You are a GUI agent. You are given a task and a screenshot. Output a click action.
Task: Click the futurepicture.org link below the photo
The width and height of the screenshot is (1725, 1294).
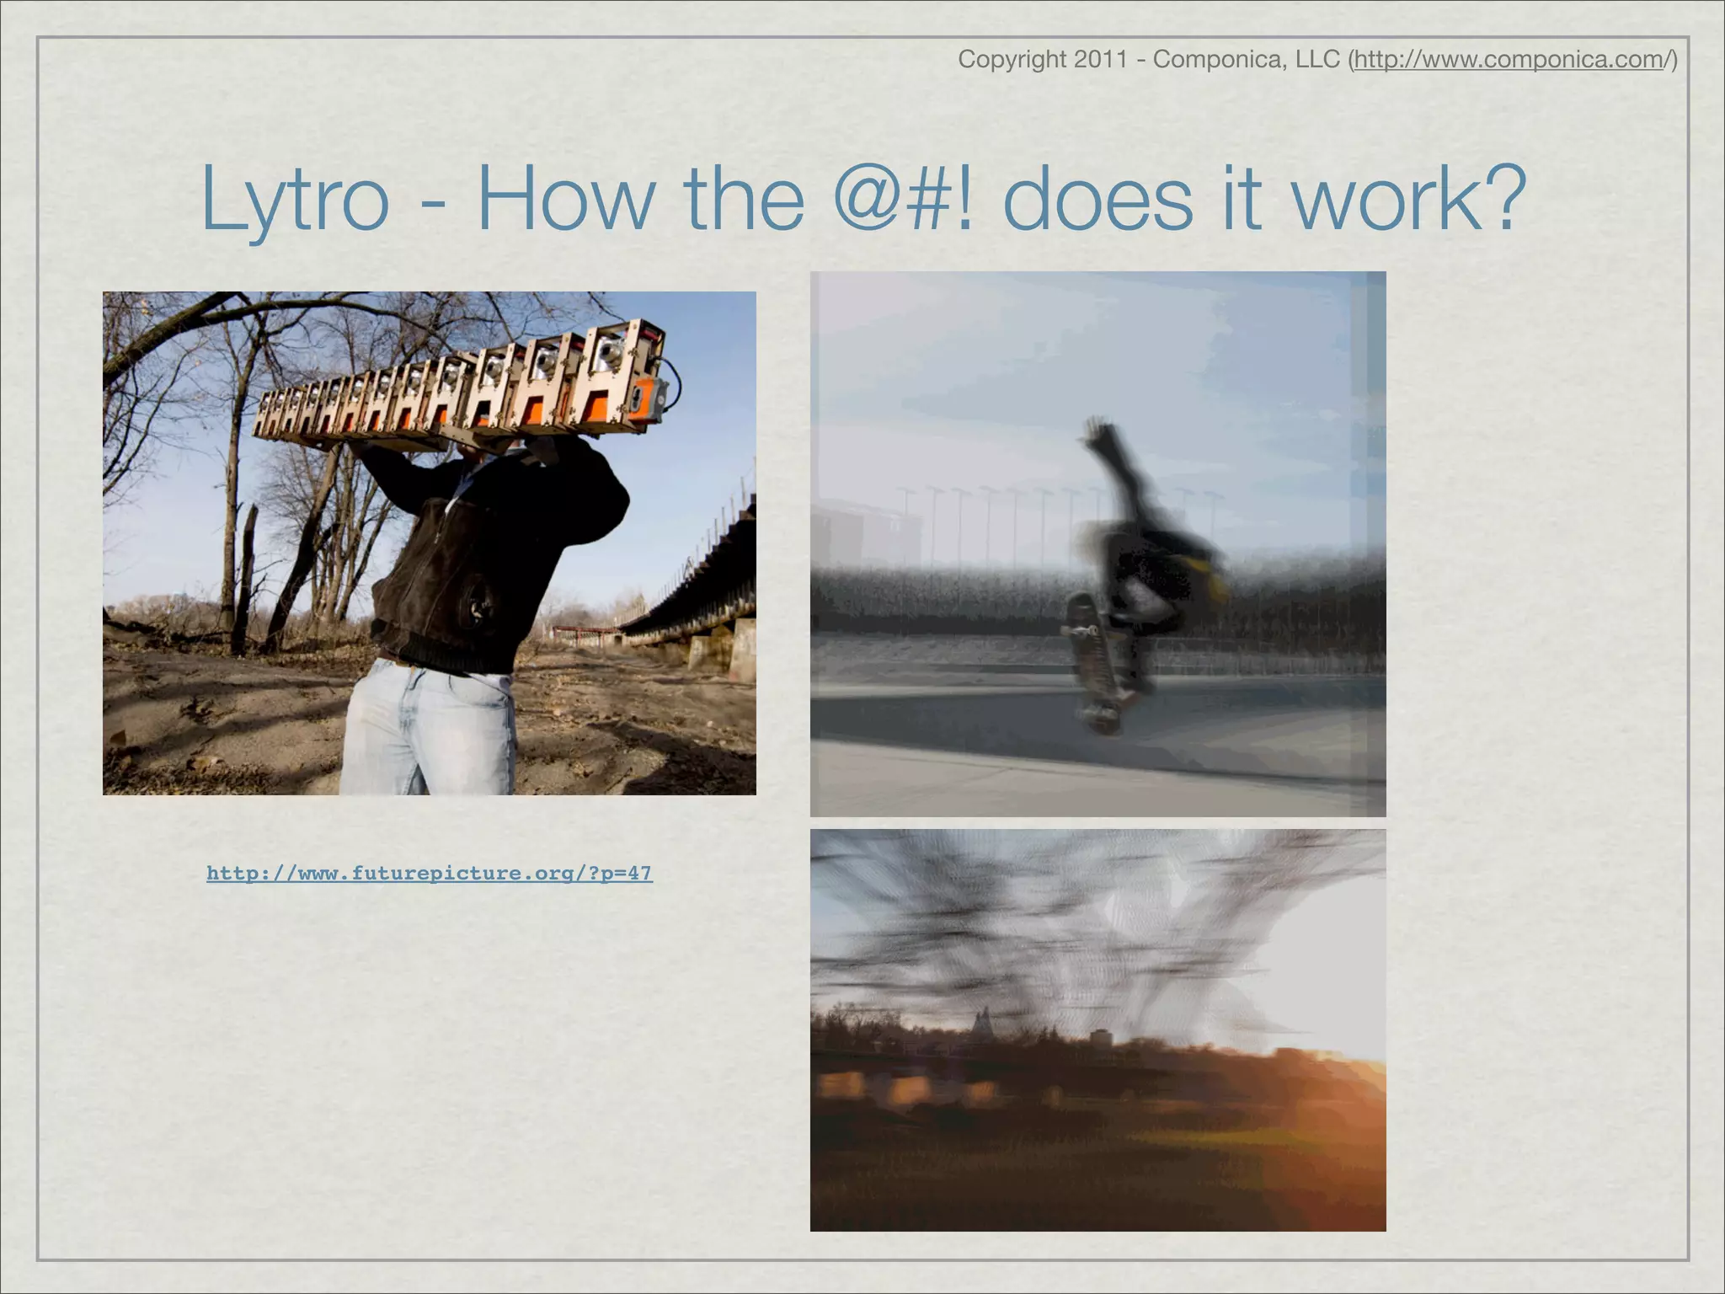(429, 873)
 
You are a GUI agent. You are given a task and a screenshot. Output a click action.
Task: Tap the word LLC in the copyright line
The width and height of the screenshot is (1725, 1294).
(1315, 60)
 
